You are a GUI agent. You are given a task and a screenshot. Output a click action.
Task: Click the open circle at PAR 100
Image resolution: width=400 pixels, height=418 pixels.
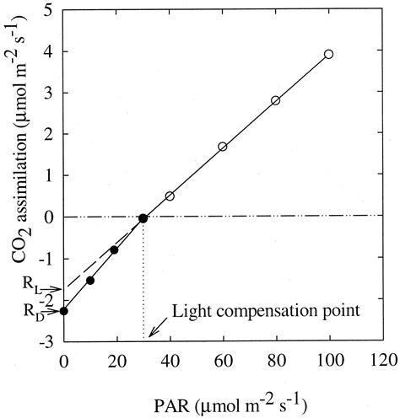click(x=329, y=54)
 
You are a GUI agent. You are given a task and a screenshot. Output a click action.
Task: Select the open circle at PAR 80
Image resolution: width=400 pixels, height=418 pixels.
click(x=276, y=100)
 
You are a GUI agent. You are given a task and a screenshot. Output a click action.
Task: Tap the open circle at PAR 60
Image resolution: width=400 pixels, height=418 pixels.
click(x=223, y=147)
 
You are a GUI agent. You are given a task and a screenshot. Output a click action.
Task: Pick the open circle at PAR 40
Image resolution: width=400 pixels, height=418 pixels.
click(x=170, y=196)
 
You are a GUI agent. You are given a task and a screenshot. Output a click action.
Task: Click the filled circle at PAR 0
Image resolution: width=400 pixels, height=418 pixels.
click(x=63, y=311)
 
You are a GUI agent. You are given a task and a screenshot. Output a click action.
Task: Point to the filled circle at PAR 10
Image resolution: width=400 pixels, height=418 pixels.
click(x=90, y=280)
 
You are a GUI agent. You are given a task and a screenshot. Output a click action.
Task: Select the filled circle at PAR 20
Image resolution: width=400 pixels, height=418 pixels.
click(x=114, y=249)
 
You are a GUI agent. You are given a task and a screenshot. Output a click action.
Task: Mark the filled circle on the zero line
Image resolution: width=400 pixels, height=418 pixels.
click(x=143, y=217)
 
